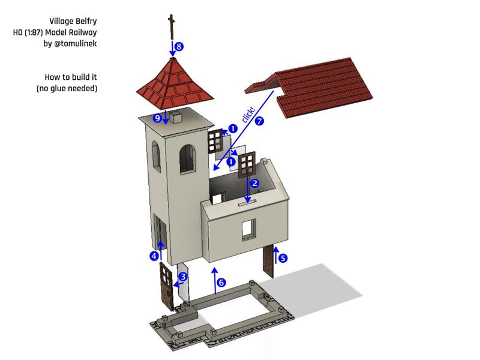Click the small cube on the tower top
[x=176, y=117]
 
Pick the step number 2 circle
[x=254, y=183]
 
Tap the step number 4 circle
[x=155, y=256]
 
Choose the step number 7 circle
[x=259, y=121]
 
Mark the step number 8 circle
[x=179, y=46]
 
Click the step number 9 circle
[x=157, y=118]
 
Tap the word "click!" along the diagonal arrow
[x=248, y=114]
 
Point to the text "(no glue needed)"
[x=67, y=88]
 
